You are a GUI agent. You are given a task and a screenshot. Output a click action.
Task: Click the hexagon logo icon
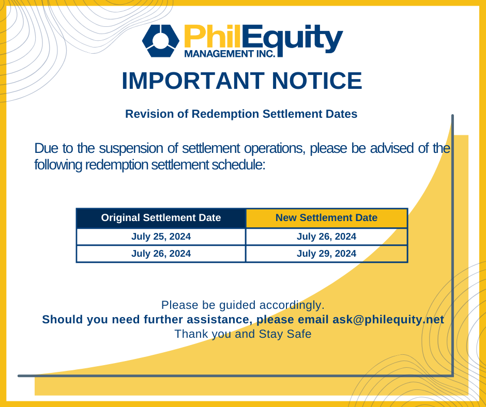coord(161,41)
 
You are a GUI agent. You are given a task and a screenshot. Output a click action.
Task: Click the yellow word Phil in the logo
coord(212,36)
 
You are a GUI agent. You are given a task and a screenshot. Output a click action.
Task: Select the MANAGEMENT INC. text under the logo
coord(230,54)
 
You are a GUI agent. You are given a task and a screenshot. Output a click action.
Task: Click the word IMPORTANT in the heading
coord(193,81)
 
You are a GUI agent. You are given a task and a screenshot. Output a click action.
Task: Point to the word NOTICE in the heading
coord(317,81)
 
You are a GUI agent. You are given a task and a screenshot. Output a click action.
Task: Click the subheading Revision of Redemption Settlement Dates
coord(241,114)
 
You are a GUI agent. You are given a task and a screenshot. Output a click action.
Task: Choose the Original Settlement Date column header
coord(161,218)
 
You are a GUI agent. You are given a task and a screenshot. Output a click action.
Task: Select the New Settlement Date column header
coord(326,218)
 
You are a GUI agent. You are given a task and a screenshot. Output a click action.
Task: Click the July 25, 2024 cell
coord(161,237)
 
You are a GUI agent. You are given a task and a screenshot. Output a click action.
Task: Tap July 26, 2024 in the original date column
coord(161,254)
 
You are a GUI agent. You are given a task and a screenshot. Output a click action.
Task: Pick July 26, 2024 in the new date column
coord(326,237)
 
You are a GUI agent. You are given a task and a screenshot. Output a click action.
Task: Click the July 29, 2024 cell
coord(326,254)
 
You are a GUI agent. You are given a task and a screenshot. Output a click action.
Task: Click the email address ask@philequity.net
coord(388,320)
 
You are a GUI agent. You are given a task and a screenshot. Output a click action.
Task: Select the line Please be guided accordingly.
coord(242,305)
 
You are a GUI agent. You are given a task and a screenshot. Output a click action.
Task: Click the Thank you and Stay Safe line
coord(243,334)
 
